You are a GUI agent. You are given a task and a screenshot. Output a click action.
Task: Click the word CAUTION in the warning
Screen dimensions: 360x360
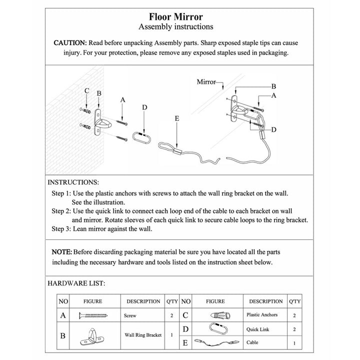coord(70,42)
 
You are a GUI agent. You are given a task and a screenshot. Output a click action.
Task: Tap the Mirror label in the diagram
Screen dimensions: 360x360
coord(206,81)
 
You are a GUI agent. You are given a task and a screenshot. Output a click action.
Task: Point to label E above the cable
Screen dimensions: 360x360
coord(176,118)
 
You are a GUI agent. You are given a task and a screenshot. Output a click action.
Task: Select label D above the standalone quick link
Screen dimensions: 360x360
coord(144,107)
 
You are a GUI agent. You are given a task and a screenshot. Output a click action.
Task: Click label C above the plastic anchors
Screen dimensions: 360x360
coord(86,91)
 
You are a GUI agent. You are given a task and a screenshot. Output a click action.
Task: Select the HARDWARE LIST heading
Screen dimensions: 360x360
coord(76,283)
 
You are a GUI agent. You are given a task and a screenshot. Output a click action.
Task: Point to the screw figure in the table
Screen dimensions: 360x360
coord(94,315)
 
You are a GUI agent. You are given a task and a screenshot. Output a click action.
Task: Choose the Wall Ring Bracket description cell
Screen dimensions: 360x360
coord(143,335)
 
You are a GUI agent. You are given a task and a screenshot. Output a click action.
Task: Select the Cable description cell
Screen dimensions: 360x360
coord(253,343)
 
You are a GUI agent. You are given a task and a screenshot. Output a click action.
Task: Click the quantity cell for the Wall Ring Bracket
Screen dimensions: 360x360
coord(171,335)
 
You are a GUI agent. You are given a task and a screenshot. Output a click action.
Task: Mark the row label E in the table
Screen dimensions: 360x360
coord(185,343)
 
